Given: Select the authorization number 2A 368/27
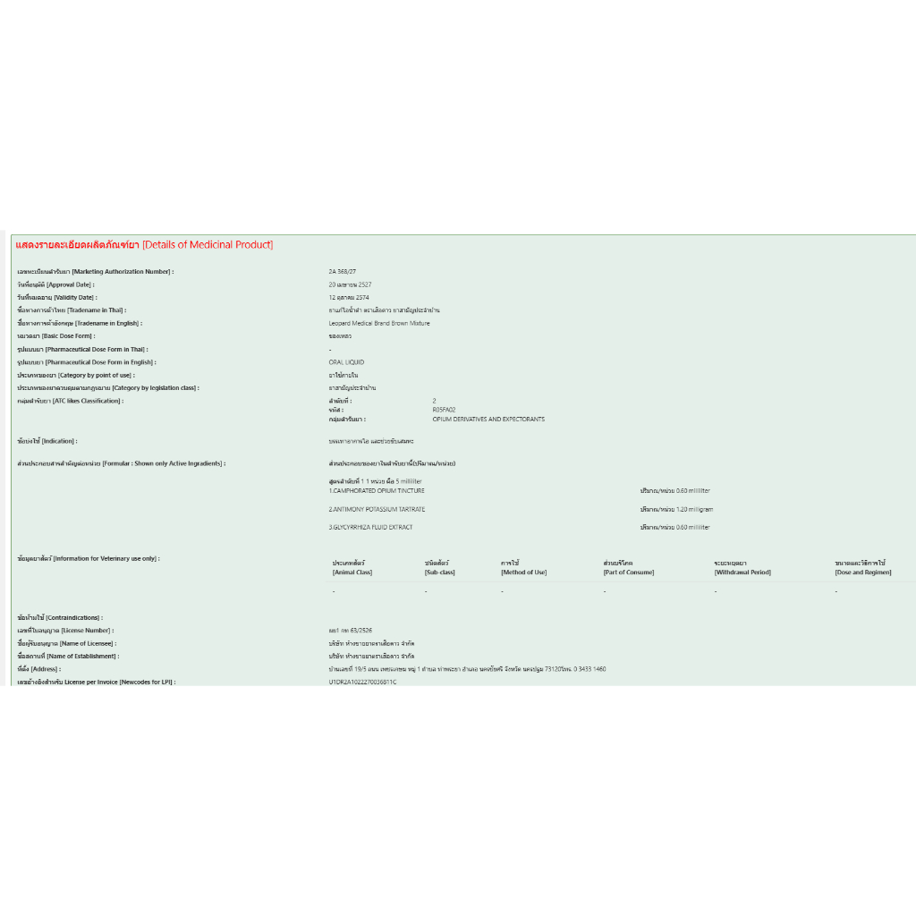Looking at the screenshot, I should (x=343, y=271).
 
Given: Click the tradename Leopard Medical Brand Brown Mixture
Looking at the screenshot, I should (x=379, y=323).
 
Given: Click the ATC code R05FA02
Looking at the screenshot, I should (x=444, y=410).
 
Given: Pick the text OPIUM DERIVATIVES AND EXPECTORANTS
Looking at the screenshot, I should (x=488, y=419).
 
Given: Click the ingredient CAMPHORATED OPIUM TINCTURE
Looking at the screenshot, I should (x=377, y=491).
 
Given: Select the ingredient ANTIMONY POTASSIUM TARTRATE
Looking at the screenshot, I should (x=377, y=509).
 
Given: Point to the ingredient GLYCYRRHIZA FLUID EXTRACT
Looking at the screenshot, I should (x=371, y=527).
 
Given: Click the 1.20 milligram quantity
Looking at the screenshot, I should (x=677, y=509).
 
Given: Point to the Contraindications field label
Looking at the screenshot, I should (x=60, y=617).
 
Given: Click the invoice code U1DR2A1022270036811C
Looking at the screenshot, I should (x=362, y=682).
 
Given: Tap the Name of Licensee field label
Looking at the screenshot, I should (x=67, y=643).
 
